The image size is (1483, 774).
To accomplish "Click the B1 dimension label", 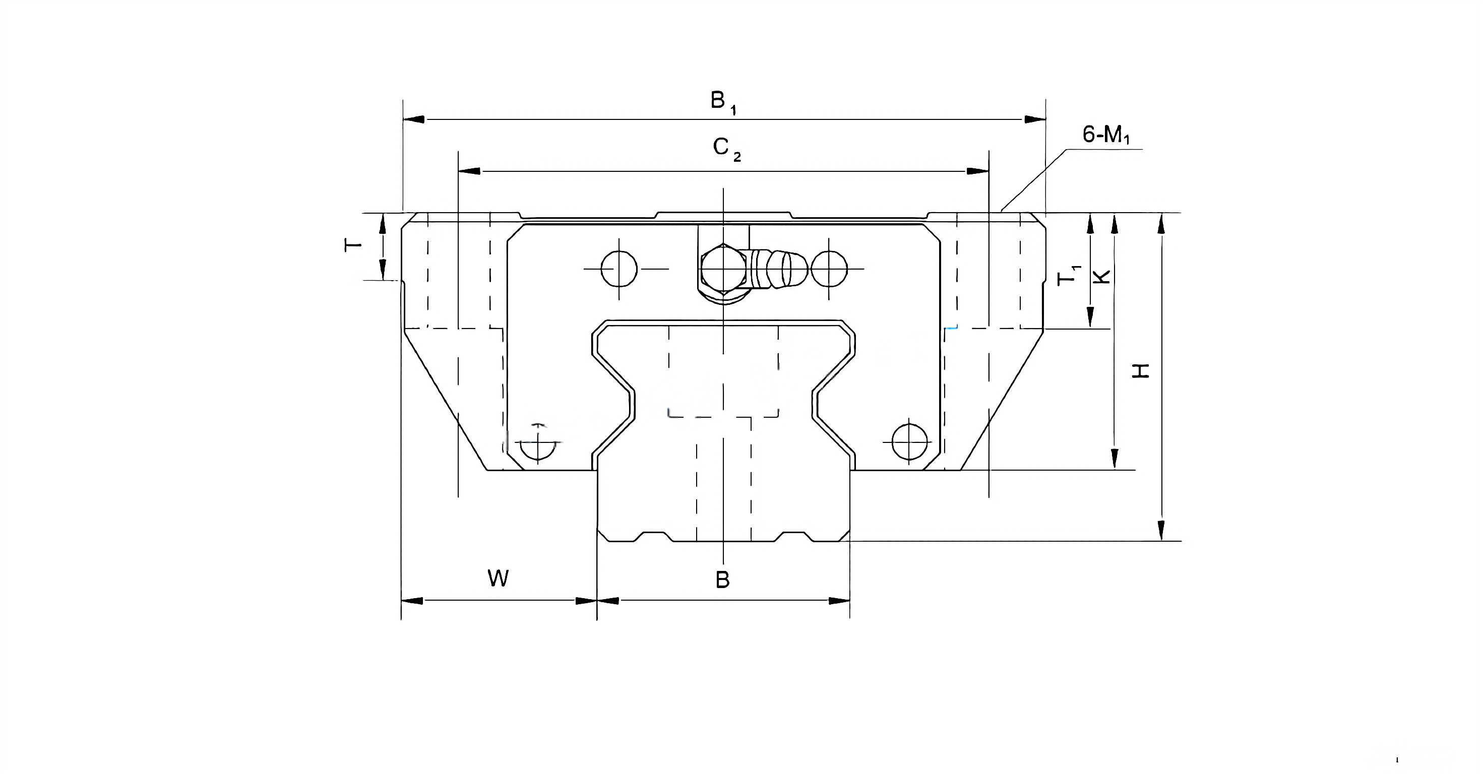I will coord(722,102).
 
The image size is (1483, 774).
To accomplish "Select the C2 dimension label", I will coord(725,149).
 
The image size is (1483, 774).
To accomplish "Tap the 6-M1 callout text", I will coord(1105,135).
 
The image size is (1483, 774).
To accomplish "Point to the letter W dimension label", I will coord(498,578).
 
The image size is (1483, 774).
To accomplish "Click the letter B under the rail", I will coord(722,580).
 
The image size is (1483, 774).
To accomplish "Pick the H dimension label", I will coord(1140,370).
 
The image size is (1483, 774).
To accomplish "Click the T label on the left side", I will coord(353,245).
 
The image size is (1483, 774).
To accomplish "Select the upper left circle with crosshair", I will coord(619,269).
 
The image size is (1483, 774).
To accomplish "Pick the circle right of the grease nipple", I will coord(829,269).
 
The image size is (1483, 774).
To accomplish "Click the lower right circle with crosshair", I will coord(909,442).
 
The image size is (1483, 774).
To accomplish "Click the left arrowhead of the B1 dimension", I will coord(414,119).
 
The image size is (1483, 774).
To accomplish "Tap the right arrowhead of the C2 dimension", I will coord(977,171).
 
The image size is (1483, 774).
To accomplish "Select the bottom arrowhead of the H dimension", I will coord(1161,530).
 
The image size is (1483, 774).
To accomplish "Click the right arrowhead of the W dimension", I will coord(586,601).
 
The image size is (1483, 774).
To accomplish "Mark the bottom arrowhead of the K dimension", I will coord(1115,459).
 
